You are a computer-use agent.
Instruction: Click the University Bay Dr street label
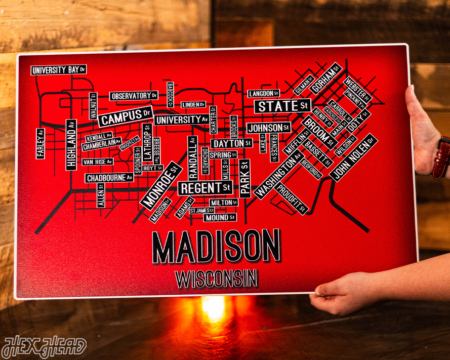(59, 70)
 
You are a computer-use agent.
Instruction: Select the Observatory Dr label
(134, 96)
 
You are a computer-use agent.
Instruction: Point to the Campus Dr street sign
(126, 116)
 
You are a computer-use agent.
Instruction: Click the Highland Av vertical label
(71, 137)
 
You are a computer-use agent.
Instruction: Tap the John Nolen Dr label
(354, 157)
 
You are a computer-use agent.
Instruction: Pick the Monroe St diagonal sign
(161, 185)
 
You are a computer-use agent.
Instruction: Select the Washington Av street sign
(277, 176)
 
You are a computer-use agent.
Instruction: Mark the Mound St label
(220, 218)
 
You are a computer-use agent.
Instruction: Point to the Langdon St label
(263, 94)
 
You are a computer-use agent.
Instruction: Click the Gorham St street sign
(326, 78)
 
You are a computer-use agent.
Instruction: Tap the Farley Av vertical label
(40, 143)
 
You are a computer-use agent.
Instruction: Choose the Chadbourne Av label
(109, 178)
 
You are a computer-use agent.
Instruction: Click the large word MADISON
(217, 247)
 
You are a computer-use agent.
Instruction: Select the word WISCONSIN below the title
(216, 279)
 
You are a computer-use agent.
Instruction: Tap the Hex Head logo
(44, 347)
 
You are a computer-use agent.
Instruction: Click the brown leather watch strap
(441, 158)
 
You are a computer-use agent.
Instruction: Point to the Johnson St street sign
(268, 128)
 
